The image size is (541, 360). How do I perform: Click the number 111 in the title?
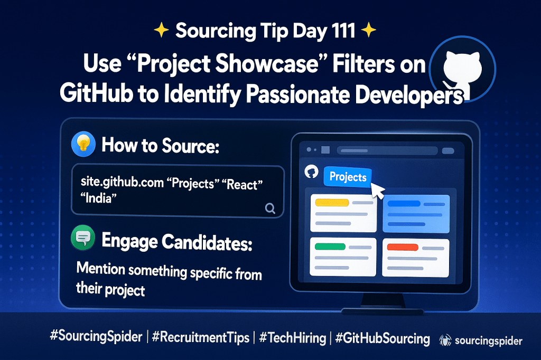pyautogui.click(x=343, y=30)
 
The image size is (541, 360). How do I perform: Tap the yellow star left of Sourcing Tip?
pyautogui.click(x=161, y=31)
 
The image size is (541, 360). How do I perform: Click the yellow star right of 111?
pyautogui.click(x=368, y=30)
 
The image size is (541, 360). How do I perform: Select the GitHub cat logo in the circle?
pyautogui.click(x=461, y=71)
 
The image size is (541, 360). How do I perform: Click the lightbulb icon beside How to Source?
pyautogui.click(x=83, y=144)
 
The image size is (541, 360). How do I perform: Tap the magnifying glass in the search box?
pyautogui.click(x=270, y=208)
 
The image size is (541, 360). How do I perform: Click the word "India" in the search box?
pyautogui.click(x=98, y=198)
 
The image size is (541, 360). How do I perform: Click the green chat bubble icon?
pyautogui.click(x=83, y=238)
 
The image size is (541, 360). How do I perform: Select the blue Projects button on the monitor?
pyautogui.click(x=348, y=176)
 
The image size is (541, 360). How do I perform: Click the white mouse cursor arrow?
pyautogui.click(x=377, y=191)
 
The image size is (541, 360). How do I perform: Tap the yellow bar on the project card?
pyautogui.click(x=332, y=202)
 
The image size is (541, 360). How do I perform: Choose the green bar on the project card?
pyautogui.click(x=330, y=247)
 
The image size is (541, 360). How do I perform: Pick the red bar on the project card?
pyautogui.click(x=403, y=247)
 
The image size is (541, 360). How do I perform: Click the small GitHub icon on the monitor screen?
pyautogui.click(x=311, y=172)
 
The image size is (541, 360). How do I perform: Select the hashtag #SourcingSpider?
pyautogui.click(x=96, y=336)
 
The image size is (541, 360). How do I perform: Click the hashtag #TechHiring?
pyautogui.click(x=293, y=338)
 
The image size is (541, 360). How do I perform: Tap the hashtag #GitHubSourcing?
pyautogui.click(x=383, y=338)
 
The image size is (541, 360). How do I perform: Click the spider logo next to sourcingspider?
pyautogui.click(x=445, y=340)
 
